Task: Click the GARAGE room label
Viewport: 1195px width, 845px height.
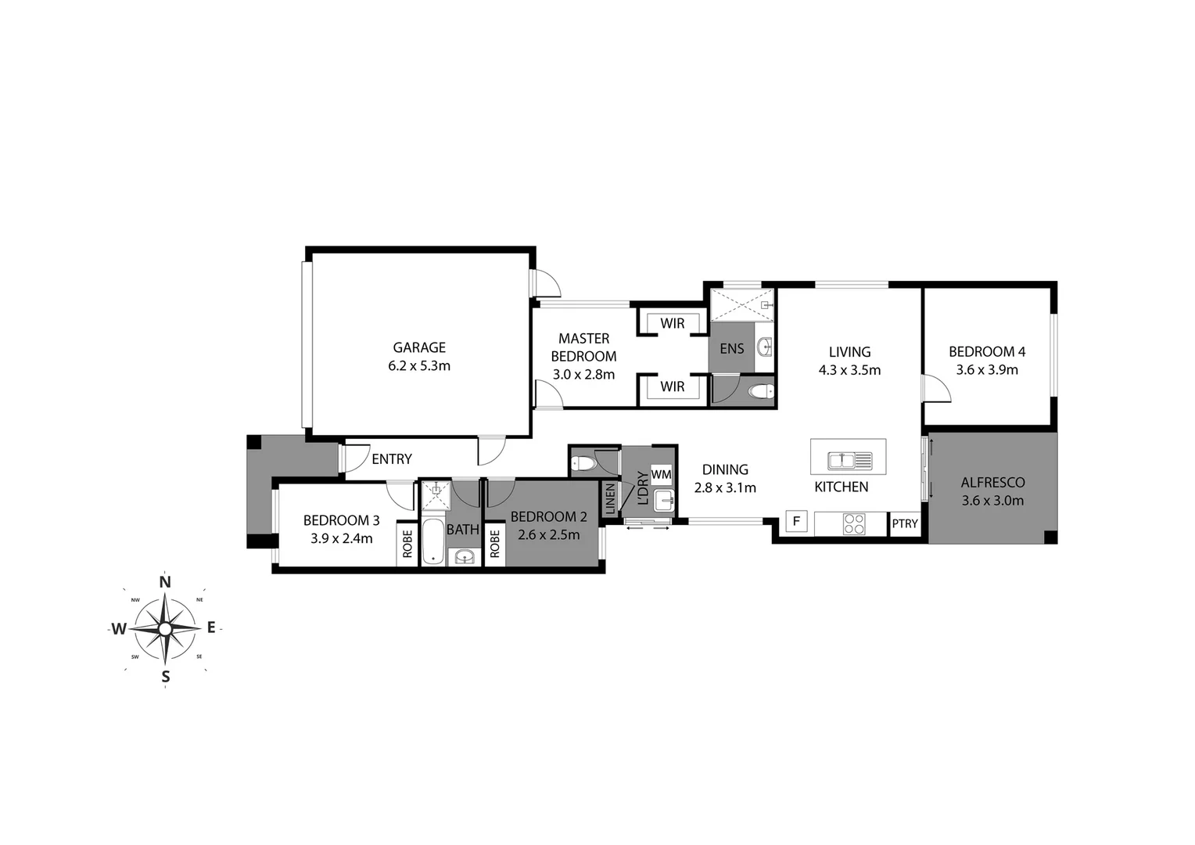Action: pos(419,347)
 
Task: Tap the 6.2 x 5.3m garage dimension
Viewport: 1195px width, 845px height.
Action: pos(419,365)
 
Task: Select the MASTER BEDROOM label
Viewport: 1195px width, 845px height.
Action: pos(583,347)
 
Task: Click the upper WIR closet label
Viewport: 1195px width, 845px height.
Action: pos(672,323)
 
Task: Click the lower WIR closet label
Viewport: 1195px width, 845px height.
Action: pos(672,387)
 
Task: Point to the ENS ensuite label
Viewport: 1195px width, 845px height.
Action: pos(731,349)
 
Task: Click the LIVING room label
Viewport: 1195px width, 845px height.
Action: pos(849,352)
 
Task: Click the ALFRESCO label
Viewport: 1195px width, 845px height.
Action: pos(992,483)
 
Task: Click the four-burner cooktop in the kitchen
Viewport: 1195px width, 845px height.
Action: pos(854,523)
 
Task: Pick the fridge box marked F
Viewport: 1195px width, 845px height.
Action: pos(796,521)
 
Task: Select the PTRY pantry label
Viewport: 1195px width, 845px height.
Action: pos(905,523)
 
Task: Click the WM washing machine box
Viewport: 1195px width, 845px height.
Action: pos(661,474)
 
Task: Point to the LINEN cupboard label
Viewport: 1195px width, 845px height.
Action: pos(610,500)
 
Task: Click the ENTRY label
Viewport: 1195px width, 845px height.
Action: pos(391,459)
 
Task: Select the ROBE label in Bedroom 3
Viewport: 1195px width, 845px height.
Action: pos(407,544)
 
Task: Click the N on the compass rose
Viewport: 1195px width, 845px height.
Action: pos(165,581)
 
